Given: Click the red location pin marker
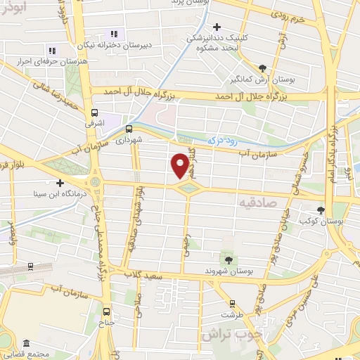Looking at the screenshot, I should (180, 165).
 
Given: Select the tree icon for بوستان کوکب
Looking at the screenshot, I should (321, 210).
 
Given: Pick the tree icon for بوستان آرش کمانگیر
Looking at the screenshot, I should (262, 68).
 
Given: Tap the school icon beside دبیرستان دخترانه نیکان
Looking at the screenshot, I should (112, 34).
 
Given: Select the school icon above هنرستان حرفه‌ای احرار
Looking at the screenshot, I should (51, 51).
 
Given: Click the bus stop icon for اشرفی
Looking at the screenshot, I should (94, 112).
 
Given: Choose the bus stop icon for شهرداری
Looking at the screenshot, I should (129, 129).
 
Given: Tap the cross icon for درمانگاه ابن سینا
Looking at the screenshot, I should (60, 182).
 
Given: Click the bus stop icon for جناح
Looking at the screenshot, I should (107, 311).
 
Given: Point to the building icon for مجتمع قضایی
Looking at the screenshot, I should (26, 342).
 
